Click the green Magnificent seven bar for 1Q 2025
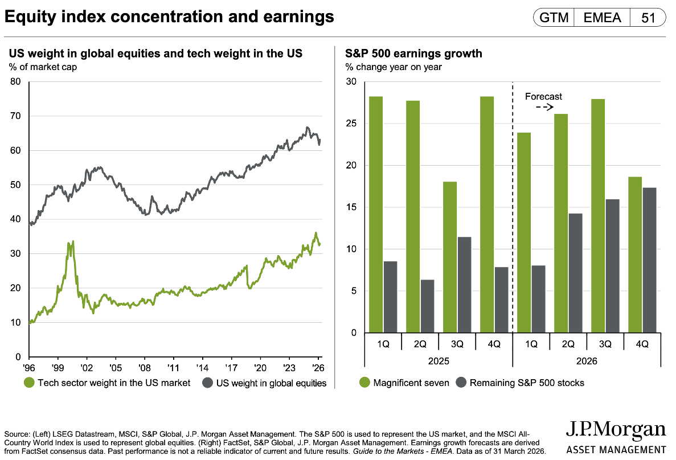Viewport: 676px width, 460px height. pos(376,215)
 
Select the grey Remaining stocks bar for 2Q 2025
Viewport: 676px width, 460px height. pos(428,306)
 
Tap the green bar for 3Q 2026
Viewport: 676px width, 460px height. pos(598,216)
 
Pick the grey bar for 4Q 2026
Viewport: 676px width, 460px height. pos(650,260)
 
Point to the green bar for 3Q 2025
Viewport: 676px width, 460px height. pos(450,257)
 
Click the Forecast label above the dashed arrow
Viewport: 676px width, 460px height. pos(543,97)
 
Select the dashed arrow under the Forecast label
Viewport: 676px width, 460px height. pos(544,108)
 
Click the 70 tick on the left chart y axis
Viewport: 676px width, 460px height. pos(15,116)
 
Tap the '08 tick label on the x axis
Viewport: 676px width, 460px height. pos(145,368)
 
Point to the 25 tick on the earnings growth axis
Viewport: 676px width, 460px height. pos(351,124)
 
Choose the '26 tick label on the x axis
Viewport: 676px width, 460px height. pos(318,368)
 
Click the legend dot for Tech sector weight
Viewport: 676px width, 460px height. pos(29,383)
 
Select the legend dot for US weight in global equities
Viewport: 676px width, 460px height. pos(207,383)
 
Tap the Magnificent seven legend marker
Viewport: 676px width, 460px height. pos(364,383)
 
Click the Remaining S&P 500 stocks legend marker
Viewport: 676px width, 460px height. pos(461,383)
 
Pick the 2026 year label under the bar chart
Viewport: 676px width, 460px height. pos(587,362)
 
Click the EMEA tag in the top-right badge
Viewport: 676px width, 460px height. pos(602,18)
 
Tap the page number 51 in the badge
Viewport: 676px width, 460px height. pos(648,18)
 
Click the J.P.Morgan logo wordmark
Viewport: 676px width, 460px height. pos(616,430)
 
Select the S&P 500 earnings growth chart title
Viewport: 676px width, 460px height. pos(413,54)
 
